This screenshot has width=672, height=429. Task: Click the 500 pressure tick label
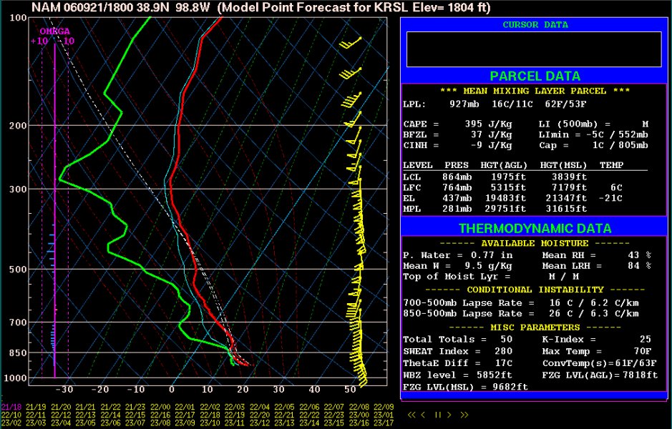coord(19,270)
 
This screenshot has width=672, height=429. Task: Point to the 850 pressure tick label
coord(19,353)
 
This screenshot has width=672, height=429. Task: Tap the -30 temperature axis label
coord(65,390)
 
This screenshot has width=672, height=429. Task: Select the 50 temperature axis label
coord(350,390)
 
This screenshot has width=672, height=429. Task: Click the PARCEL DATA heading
coord(535,77)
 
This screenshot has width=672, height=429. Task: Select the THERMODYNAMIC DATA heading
coord(535,229)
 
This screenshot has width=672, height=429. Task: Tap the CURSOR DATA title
coord(535,25)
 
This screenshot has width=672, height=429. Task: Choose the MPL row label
coord(412,209)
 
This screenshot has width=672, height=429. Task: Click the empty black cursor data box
coord(534,49)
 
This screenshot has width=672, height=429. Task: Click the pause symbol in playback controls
coord(439,414)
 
